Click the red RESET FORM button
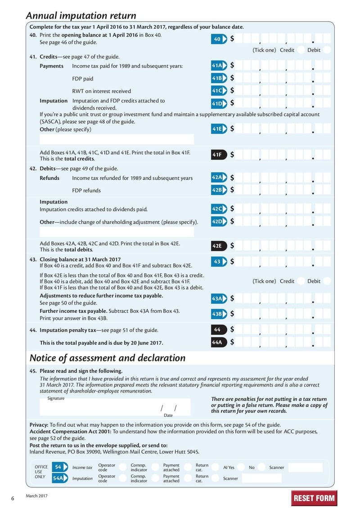(x=314, y=498)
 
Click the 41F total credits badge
(x=217, y=155)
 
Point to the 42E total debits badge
(x=217, y=246)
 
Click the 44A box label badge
(x=217, y=342)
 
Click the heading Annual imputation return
(x=81, y=16)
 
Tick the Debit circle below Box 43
(x=327, y=281)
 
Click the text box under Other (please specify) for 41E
(x=117, y=139)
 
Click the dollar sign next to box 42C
(x=232, y=209)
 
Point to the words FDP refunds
(x=86, y=190)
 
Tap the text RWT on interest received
(x=101, y=91)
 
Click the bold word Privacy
(x=38, y=425)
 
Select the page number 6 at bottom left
(x=13, y=498)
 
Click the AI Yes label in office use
(x=229, y=468)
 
